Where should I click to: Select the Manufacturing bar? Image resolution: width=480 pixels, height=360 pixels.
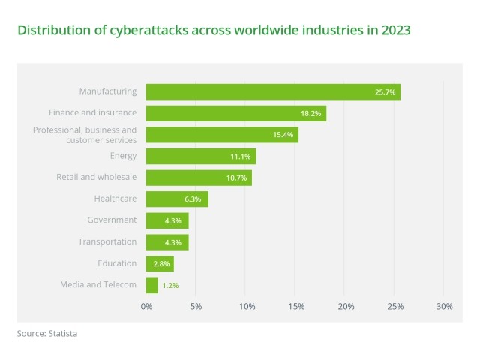[x=273, y=91]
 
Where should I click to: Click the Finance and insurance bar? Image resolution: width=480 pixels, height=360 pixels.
[x=235, y=113]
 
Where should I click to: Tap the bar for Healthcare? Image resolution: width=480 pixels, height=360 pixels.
[x=177, y=199]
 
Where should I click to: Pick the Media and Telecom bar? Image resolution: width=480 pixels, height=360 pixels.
[x=152, y=285]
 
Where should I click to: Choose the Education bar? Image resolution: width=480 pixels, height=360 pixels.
[x=160, y=263]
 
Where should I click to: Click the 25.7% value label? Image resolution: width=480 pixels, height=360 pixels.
[x=385, y=92]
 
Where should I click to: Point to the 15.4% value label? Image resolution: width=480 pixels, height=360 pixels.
[x=283, y=135]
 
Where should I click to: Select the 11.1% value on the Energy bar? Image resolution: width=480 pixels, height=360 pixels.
[x=240, y=157]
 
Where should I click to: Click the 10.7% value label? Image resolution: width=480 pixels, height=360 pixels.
[x=236, y=178]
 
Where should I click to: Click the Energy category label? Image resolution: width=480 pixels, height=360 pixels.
[x=123, y=156]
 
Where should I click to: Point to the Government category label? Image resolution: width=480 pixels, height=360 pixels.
[x=112, y=220]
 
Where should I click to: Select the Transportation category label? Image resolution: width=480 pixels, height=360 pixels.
[x=107, y=241]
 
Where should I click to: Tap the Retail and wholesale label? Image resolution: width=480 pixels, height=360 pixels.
[x=96, y=177]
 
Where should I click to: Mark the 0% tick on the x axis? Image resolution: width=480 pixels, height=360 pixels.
[x=147, y=306]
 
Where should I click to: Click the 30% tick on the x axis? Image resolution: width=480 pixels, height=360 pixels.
[x=444, y=306]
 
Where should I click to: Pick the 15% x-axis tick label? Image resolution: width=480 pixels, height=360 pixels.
[x=295, y=306]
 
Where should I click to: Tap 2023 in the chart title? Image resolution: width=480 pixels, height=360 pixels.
[x=395, y=31]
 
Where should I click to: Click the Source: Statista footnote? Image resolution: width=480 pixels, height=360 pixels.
[x=46, y=334]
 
